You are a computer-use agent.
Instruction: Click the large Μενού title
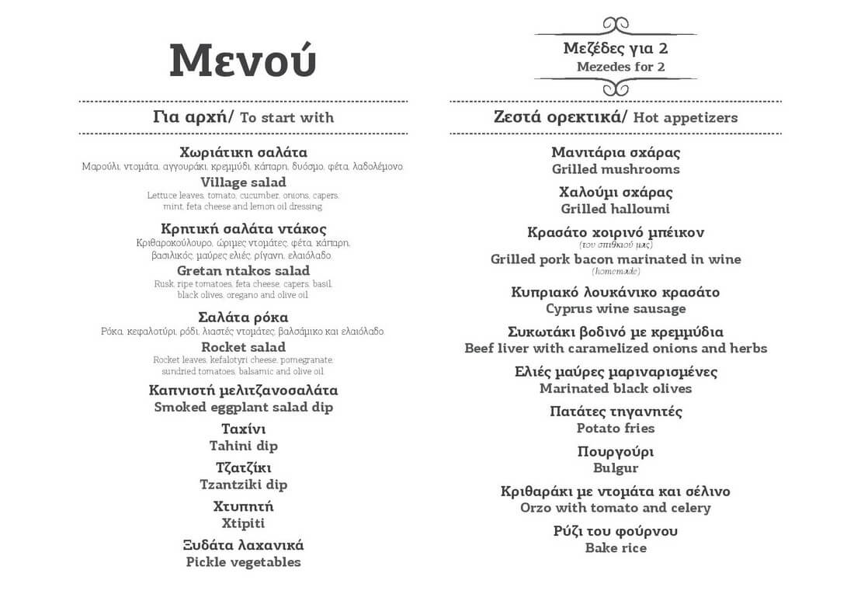(x=243, y=61)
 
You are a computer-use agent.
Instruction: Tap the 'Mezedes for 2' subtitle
(x=620, y=67)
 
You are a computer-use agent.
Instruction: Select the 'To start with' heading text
(x=286, y=118)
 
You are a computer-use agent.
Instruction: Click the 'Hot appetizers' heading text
(x=685, y=118)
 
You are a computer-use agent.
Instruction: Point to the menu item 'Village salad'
(x=243, y=182)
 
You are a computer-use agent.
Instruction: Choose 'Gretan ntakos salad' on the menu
(x=243, y=271)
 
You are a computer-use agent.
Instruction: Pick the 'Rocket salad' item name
(x=243, y=347)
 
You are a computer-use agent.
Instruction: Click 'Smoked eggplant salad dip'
(x=243, y=407)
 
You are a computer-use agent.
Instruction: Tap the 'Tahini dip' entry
(x=243, y=446)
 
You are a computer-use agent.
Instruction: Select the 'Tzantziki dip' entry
(x=243, y=485)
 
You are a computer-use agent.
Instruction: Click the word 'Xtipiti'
(x=243, y=523)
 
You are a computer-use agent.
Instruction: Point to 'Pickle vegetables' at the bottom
(x=243, y=562)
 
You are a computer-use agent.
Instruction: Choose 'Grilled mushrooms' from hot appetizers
(x=616, y=169)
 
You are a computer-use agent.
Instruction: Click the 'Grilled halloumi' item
(x=616, y=209)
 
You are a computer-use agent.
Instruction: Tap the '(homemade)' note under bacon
(x=616, y=271)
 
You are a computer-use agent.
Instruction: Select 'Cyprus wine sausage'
(x=616, y=309)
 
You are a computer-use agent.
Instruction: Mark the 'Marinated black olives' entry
(x=616, y=388)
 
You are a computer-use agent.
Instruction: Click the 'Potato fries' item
(x=616, y=428)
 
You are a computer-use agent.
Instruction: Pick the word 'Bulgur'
(x=616, y=468)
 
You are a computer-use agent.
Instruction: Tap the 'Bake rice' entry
(x=616, y=548)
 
